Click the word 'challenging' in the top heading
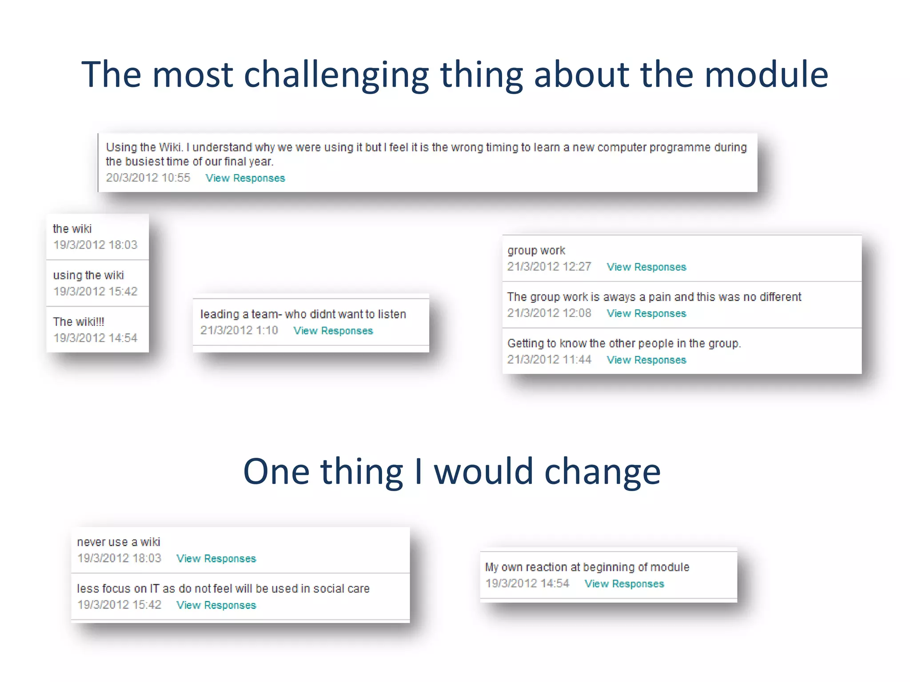[336, 75]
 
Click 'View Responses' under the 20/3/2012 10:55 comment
[245, 178]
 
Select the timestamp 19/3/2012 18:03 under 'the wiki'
[95, 245]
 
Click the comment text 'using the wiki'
[88, 275]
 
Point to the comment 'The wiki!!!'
[79, 321]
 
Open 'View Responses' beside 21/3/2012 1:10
[333, 331]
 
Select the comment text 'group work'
[536, 250]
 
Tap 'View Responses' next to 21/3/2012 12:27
[646, 267]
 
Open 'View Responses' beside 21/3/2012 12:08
[646, 313]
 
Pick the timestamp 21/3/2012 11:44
[549, 360]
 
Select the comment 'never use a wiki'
[118, 542]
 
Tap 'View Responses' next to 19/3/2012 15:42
[216, 605]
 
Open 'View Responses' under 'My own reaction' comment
[624, 584]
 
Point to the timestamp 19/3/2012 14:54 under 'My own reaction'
[527, 583]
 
